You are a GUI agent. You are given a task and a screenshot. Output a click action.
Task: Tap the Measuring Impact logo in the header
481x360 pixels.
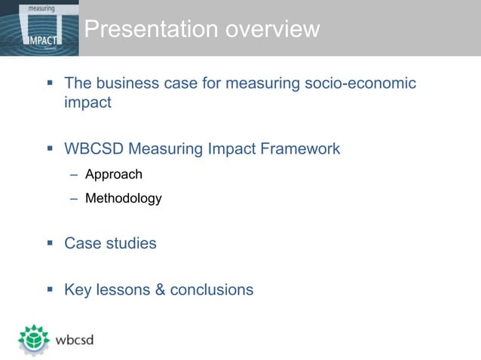coord(39,28)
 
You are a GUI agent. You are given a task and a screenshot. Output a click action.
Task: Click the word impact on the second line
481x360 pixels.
coord(87,102)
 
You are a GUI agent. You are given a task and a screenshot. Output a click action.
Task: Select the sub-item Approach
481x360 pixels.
coord(113,175)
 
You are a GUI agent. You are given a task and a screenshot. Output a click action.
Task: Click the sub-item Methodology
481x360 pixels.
coord(123,199)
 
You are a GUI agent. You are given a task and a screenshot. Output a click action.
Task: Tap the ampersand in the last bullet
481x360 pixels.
coord(160,290)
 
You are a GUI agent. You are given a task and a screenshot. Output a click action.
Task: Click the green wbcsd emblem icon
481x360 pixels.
coord(34,340)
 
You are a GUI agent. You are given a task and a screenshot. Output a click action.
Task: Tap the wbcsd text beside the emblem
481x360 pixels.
coord(75,340)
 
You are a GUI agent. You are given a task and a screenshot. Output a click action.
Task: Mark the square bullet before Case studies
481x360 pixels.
coord(50,243)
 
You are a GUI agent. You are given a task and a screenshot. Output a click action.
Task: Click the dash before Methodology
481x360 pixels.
coord(74,199)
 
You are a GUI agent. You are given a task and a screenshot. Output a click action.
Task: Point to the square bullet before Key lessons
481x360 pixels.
coord(50,290)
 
